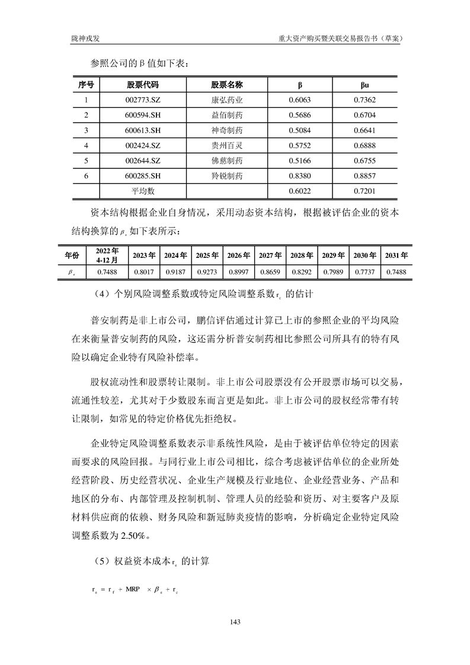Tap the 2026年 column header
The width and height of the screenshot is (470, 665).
[238, 255]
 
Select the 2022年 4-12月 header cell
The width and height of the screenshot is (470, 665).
[107, 255]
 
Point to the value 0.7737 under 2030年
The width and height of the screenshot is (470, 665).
[365, 271]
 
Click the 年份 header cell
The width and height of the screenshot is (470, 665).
[72, 255]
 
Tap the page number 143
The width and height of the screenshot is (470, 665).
[235, 622]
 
